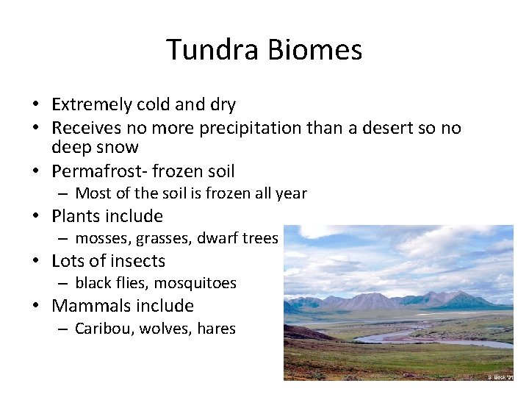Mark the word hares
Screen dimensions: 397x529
coord(216,329)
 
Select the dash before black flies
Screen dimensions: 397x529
coord(65,283)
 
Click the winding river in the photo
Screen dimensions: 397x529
coord(411,335)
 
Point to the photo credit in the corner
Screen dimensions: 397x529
coord(500,376)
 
